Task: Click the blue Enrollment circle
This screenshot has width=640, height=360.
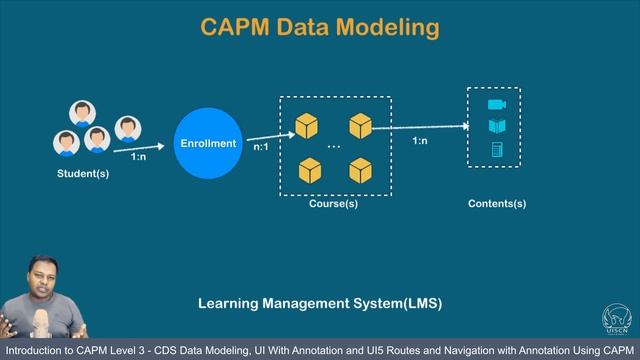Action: point(208,143)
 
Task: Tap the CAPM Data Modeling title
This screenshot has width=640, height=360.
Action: point(320,27)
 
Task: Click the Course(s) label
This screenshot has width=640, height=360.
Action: point(334,204)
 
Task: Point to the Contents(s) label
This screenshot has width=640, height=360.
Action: point(497,204)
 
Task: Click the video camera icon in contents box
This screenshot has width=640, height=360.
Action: point(496,105)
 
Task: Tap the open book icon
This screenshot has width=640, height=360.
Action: point(496,127)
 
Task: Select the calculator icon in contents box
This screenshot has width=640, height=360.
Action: point(496,150)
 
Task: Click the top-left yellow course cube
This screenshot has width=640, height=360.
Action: point(307,126)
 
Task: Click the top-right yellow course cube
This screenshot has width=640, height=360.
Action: point(360,126)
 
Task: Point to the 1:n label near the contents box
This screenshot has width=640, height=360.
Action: point(421,141)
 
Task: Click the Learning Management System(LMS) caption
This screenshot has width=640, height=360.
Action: point(319,302)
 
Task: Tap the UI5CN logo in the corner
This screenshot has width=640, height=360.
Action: point(617,317)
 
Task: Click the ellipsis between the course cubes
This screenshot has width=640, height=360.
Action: point(334,147)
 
